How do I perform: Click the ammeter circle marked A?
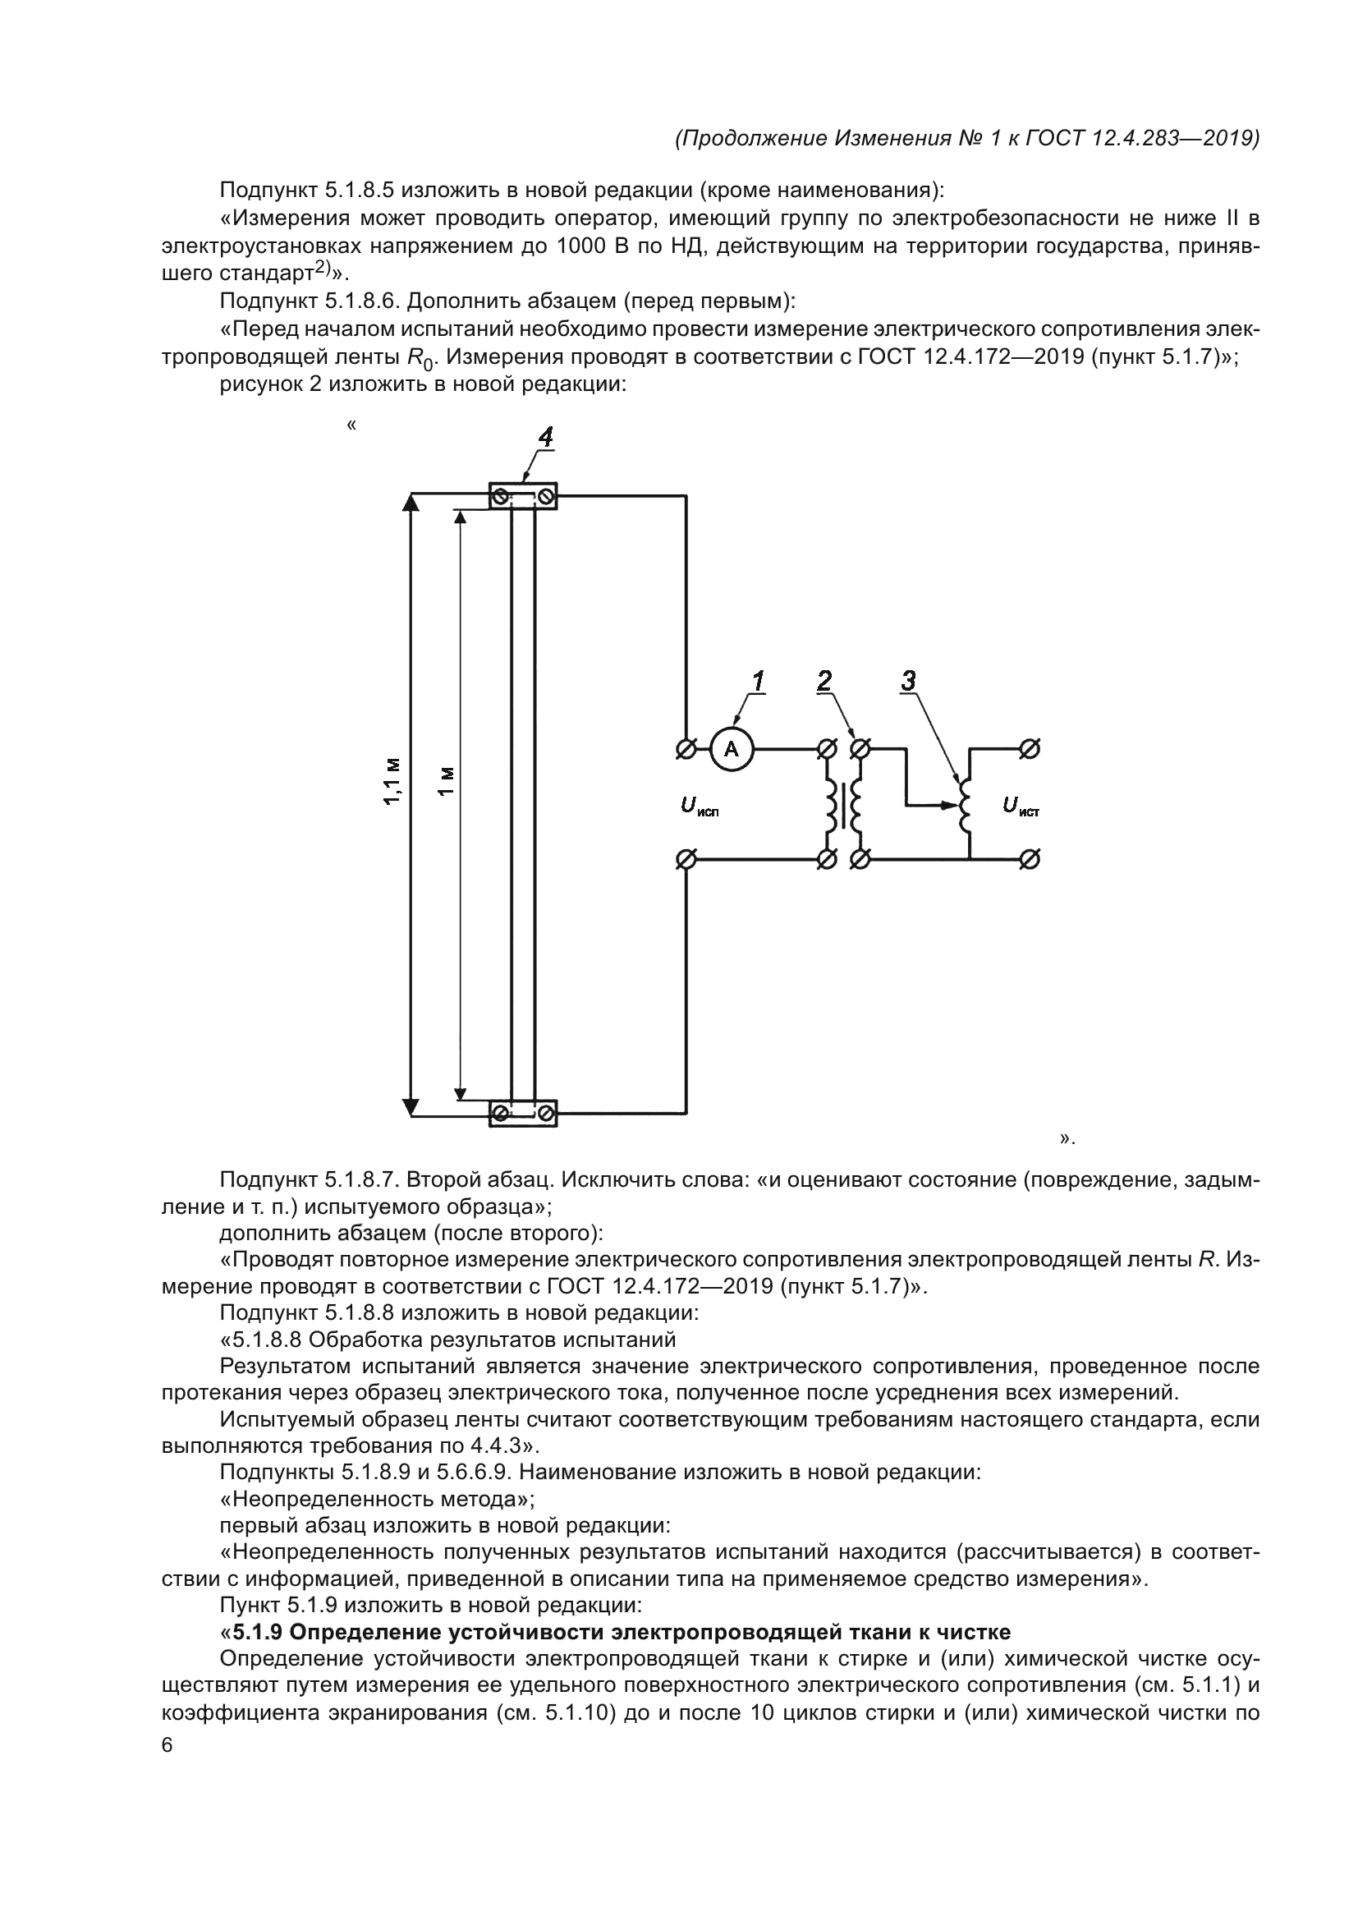tap(732, 750)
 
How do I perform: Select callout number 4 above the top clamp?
tap(544, 438)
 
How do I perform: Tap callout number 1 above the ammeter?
tap(758, 681)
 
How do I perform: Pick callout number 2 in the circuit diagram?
tap(825, 681)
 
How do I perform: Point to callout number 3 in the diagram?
tap(909, 681)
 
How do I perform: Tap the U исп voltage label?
tap(699, 807)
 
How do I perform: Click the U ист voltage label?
tap(1021, 807)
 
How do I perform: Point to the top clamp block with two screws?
tap(523, 497)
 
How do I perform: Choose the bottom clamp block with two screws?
tap(523, 1114)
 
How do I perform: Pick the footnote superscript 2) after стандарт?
tap(323, 269)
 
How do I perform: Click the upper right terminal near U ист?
tap(1030, 750)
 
